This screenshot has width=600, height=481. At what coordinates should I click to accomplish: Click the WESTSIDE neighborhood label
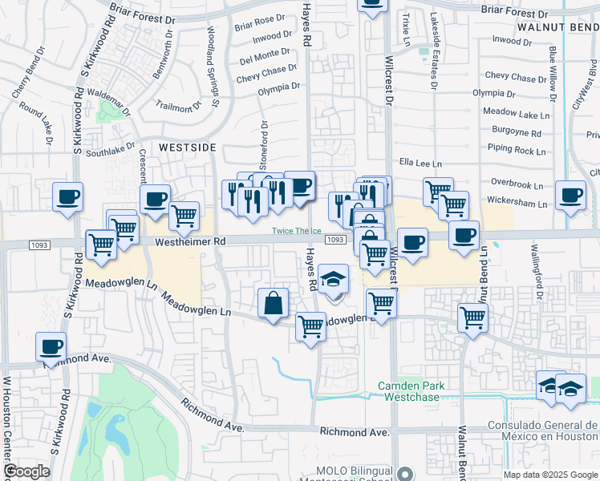tap(187, 148)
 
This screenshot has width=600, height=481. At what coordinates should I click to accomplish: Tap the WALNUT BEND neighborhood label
tap(557, 26)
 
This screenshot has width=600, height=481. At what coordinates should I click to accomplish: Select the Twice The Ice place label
tap(296, 231)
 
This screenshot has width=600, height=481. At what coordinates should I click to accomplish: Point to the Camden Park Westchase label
tap(411, 391)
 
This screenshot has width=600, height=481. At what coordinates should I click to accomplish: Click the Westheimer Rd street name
tap(183, 240)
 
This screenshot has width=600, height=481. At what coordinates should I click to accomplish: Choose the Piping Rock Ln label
tap(517, 150)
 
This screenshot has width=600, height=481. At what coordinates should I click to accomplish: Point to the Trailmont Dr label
tap(179, 107)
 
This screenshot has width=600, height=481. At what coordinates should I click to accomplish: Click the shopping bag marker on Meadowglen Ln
tap(273, 303)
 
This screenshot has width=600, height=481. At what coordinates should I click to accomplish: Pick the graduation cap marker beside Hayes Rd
tap(333, 279)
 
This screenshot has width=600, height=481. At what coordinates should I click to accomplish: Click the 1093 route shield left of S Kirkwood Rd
tap(39, 244)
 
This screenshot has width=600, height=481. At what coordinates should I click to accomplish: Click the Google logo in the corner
tap(26, 471)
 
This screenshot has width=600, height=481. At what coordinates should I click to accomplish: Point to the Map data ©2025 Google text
tap(550, 475)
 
